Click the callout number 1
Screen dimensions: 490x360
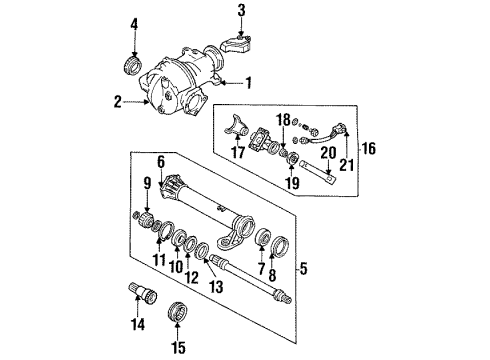tap(248, 83)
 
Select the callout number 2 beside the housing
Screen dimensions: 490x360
tap(117, 102)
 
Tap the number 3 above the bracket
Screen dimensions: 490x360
tap(241, 10)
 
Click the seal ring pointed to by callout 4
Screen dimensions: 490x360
tap(133, 65)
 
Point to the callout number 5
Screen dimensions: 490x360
tap(303, 269)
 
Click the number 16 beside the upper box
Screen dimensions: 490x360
tap(369, 148)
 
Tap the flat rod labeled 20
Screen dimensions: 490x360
tap(318, 172)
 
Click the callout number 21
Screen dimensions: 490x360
tap(347, 165)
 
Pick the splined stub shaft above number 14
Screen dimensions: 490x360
tap(143, 293)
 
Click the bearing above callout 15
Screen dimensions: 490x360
tap(178, 312)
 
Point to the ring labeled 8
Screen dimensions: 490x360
tap(280, 246)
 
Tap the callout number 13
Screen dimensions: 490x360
tap(217, 286)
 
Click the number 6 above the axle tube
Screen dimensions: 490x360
tap(161, 163)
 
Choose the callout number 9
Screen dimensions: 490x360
tap(147, 183)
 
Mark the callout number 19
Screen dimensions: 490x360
tap(292, 183)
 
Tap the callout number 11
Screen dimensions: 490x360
tap(159, 260)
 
